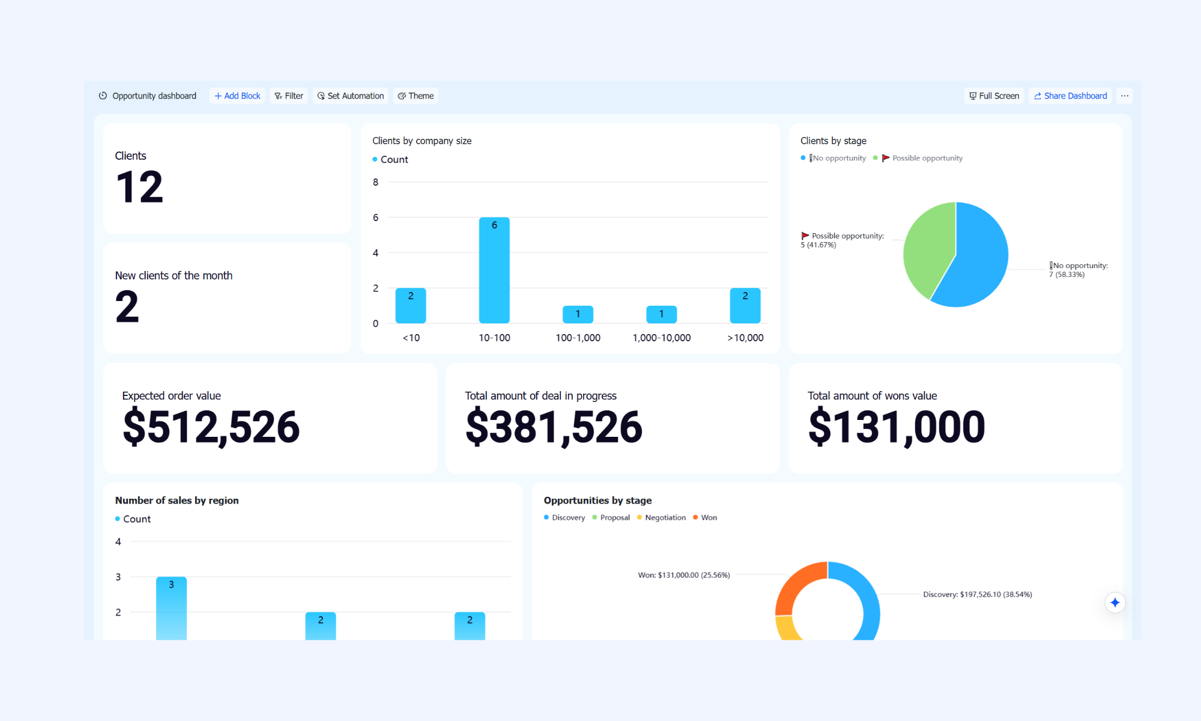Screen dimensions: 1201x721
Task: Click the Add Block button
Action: pyautogui.click(x=237, y=96)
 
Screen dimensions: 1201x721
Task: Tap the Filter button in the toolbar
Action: pyautogui.click(x=289, y=96)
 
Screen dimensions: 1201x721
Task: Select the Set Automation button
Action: pyautogui.click(x=351, y=96)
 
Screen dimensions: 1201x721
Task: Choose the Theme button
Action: pyautogui.click(x=416, y=96)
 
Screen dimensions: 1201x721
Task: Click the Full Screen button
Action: pyautogui.click(x=994, y=96)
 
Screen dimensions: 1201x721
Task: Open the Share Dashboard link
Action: pyautogui.click(x=1070, y=96)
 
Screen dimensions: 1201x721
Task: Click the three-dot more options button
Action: pyautogui.click(x=1125, y=96)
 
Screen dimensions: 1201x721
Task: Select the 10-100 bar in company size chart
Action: pyautogui.click(x=494, y=270)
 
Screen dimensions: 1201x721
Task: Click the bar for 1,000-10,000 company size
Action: pyautogui.click(x=661, y=314)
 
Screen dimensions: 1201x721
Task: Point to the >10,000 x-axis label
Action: pyautogui.click(x=745, y=338)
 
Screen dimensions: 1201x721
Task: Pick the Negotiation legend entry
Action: pyautogui.click(x=661, y=518)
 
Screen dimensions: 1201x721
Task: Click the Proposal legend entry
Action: pyautogui.click(x=611, y=518)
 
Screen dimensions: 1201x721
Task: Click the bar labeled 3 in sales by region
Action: pyautogui.click(x=171, y=608)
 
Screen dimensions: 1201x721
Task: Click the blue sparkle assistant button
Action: pyautogui.click(x=1115, y=603)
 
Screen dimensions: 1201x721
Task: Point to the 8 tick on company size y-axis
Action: pyautogui.click(x=376, y=182)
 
